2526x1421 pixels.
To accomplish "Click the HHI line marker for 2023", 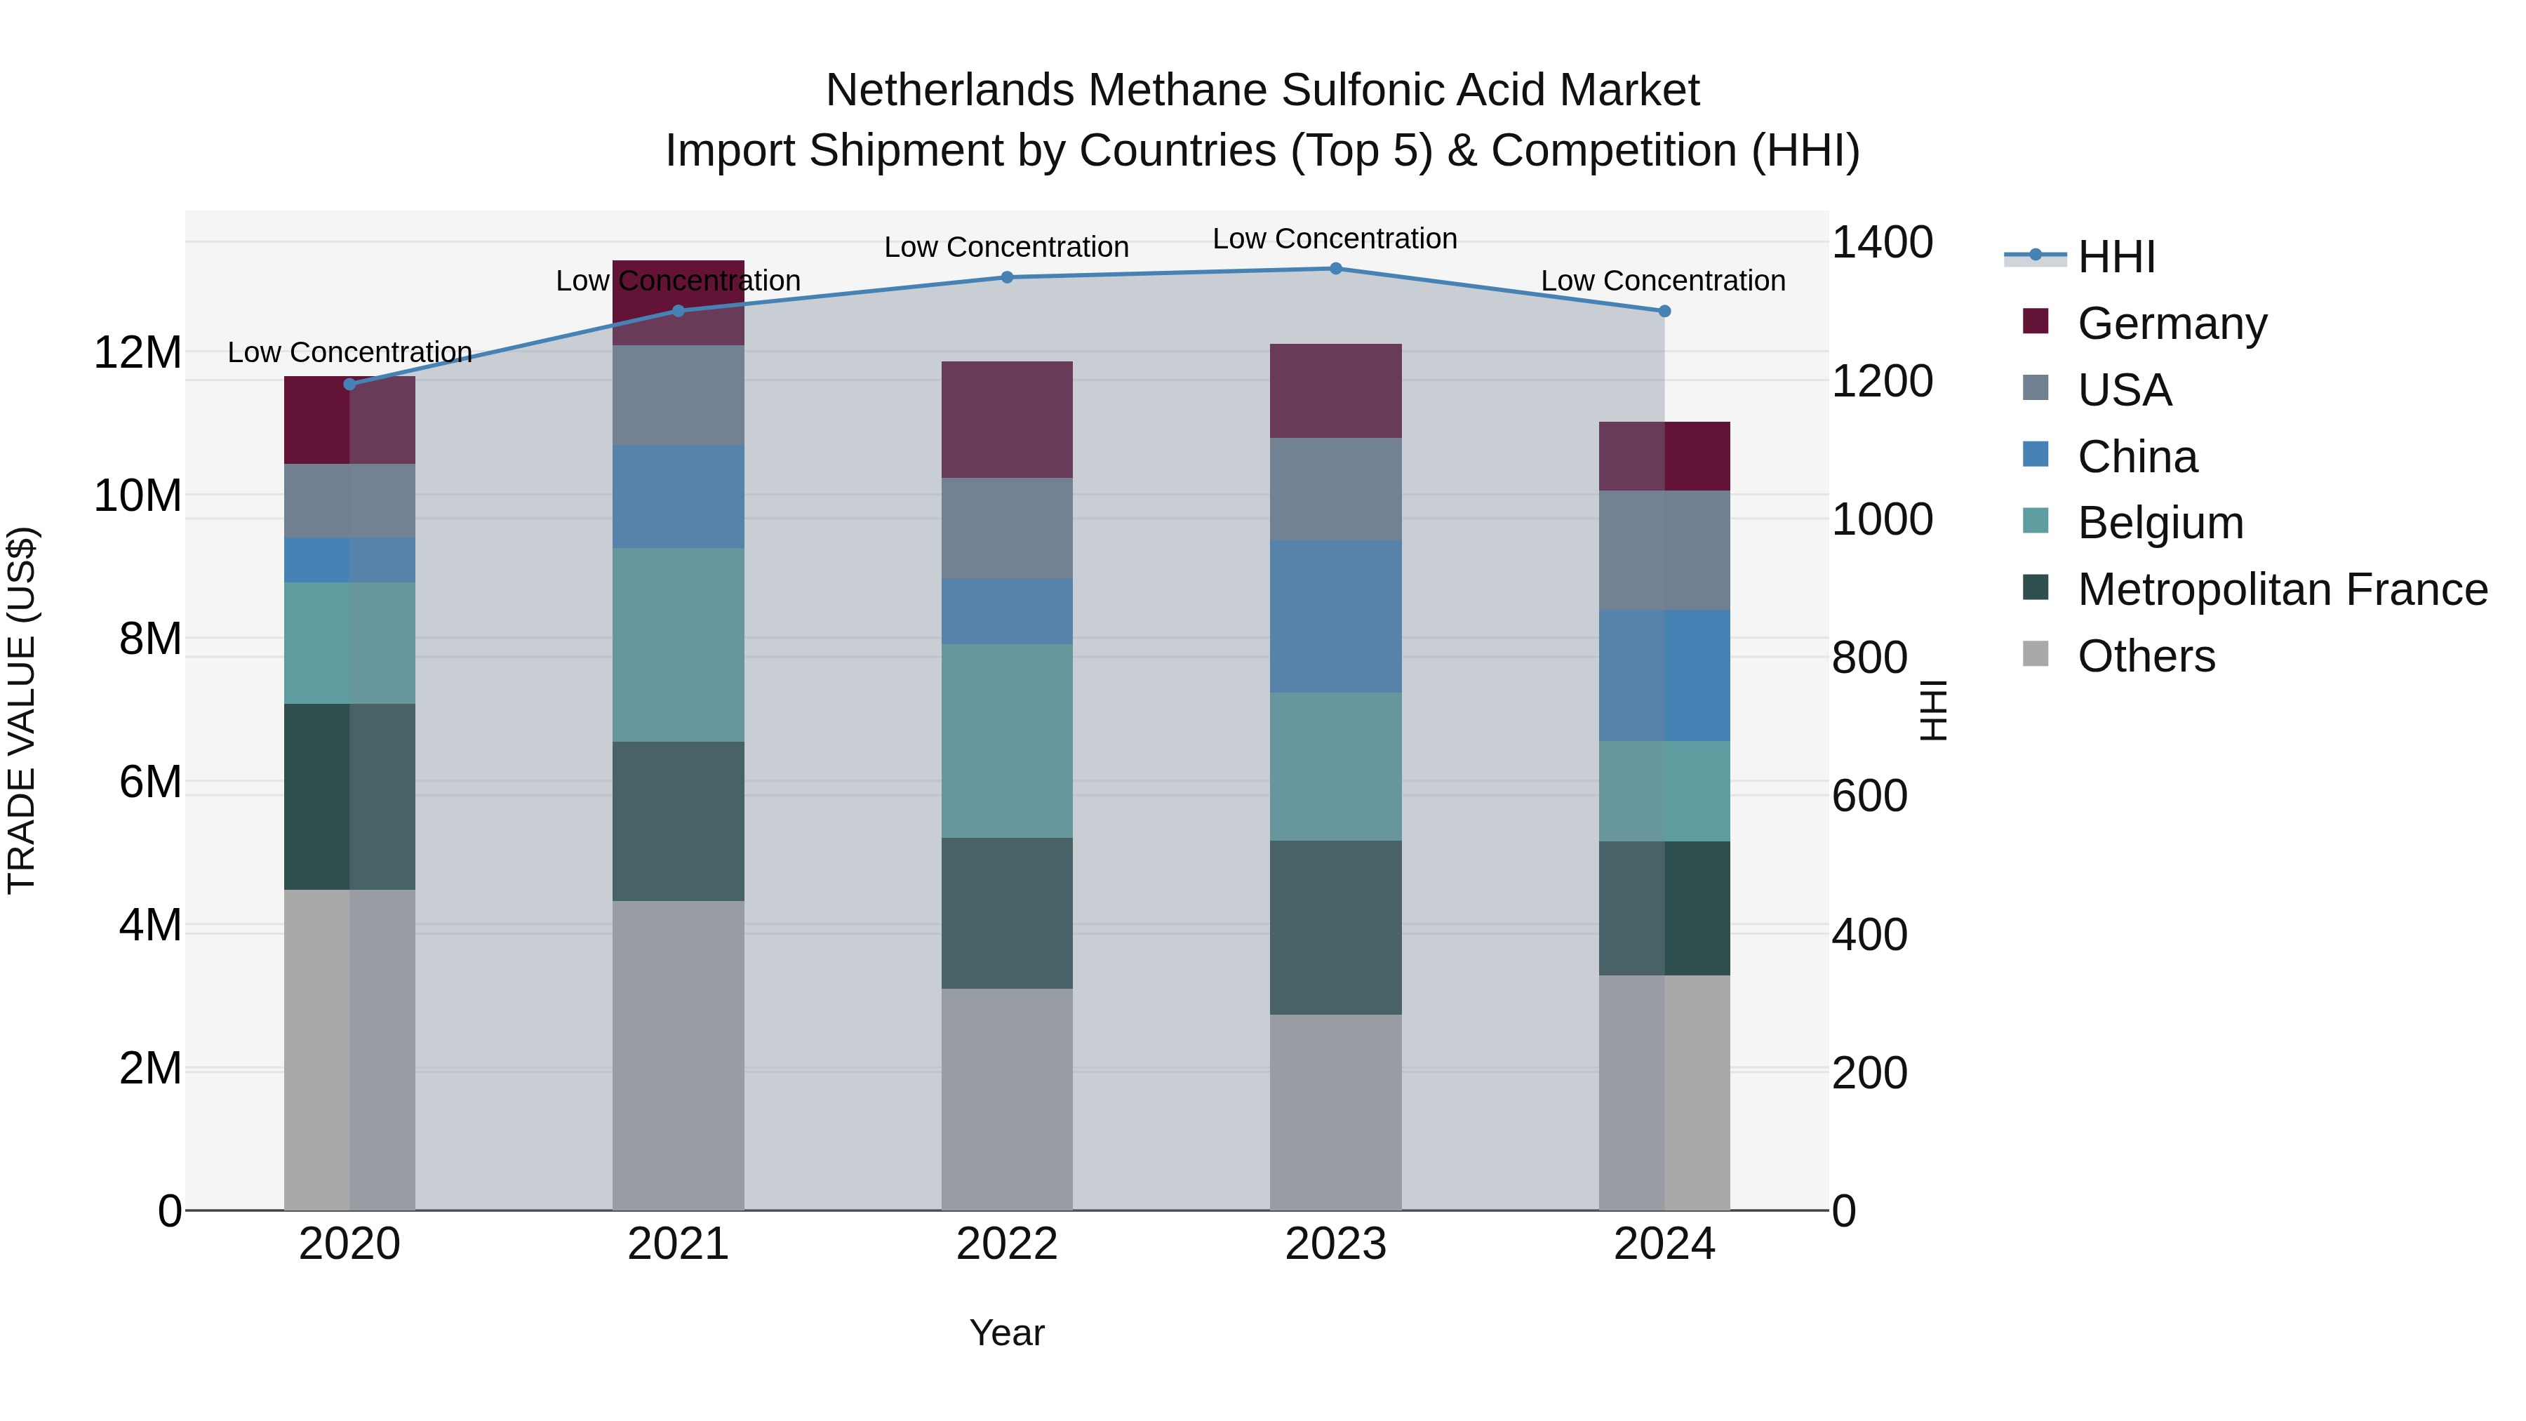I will [x=1335, y=269].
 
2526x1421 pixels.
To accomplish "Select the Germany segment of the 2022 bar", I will [x=1007, y=420].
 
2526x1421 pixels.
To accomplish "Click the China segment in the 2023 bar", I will [x=1335, y=617].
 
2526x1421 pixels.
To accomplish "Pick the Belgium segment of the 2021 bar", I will [x=679, y=644].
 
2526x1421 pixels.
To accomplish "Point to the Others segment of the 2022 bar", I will [x=1007, y=1098].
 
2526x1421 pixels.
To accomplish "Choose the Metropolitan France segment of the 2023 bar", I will [x=1335, y=927].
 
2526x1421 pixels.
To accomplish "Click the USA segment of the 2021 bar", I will [x=679, y=395].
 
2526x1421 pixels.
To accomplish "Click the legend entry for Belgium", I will [x=2160, y=523].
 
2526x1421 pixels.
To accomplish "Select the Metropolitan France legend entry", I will [x=2282, y=589].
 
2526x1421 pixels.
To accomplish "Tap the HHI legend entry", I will [x=2116, y=257].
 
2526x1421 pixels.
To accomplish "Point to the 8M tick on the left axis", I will [x=150, y=639].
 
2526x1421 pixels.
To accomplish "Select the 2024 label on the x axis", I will [x=1664, y=1244].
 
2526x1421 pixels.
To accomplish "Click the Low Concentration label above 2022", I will [x=1007, y=247].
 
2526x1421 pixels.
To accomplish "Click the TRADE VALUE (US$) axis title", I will [x=22, y=710].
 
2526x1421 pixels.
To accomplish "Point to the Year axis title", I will [x=1007, y=1333].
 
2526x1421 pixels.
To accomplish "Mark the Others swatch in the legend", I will [x=2036, y=654].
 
